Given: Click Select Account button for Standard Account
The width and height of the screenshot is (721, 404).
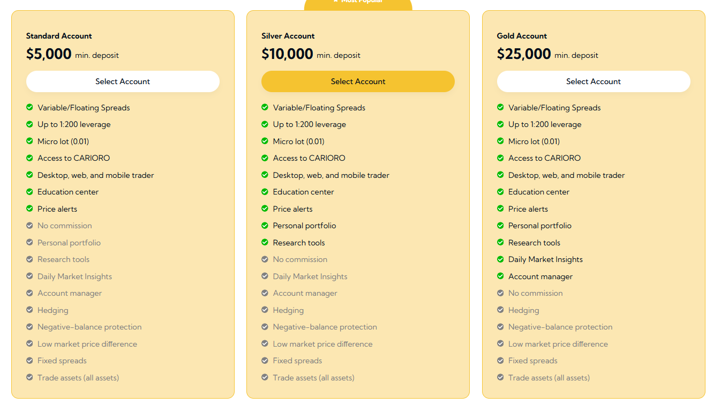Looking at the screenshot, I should click(x=123, y=81).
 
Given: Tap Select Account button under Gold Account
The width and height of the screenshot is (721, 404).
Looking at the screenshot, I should click(x=593, y=81).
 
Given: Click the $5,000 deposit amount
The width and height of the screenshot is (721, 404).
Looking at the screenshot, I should click(x=49, y=54).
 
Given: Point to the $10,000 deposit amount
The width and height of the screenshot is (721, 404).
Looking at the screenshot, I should click(x=287, y=54).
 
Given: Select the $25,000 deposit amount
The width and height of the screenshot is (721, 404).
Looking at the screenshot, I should click(x=523, y=54).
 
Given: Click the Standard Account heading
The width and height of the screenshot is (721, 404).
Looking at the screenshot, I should click(x=59, y=36).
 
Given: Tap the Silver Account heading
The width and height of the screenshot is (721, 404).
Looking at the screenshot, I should click(x=288, y=36).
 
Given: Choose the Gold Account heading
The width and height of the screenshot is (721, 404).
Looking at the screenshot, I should click(x=522, y=36).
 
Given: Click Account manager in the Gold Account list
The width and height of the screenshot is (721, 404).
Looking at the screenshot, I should click(x=540, y=276).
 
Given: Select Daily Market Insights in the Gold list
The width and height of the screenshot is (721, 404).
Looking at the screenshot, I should click(x=545, y=259).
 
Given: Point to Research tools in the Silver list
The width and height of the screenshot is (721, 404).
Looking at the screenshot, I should click(x=298, y=243).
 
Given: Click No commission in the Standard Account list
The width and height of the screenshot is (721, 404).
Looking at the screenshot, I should click(x=64, y=226).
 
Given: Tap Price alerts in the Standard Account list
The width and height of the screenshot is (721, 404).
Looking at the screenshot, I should click(x=57, y=209).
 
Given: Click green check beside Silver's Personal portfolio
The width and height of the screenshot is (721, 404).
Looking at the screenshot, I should click(x=265, y=226).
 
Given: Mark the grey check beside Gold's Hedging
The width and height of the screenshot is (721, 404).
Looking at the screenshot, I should click(x=500, y=310).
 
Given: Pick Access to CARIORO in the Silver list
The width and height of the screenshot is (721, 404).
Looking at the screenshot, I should click(x=309, y=158).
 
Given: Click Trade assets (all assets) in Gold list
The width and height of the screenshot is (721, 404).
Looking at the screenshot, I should click(x=549, y=378).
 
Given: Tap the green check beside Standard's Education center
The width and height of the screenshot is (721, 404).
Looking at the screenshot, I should click(x=29, y=192).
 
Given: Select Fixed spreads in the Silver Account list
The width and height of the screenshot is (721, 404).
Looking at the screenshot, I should click(x=297, y=361).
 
